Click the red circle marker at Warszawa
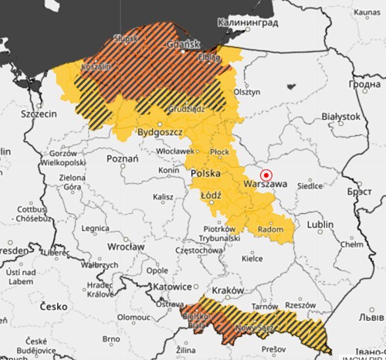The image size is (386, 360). click(x=266, y=175)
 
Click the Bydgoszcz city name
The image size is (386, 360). click(x=157, y=133)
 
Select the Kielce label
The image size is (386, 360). click(x=252, y=258)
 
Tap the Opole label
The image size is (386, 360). click(x=157, y=271)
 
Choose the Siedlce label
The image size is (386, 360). click(x=311, y=186)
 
